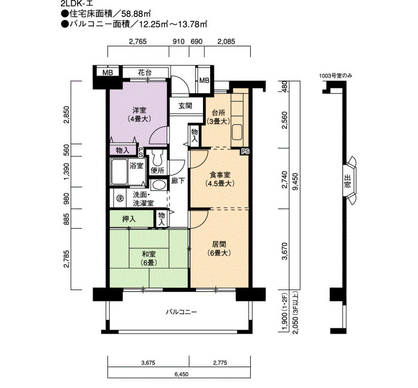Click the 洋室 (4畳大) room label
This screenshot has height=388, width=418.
pyautogui.click(x=139, y=115)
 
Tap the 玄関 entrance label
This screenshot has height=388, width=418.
pyautogui.click(x=185, y=106)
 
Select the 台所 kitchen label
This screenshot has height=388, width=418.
pyautogui.click(x=219, y=117)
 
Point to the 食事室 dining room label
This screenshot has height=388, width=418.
pyautogui.click(x=220, y=179)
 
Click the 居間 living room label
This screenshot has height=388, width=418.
pyautogui.click(x=219, y=249)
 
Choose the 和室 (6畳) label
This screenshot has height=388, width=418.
pyautogui.click(x=149, y=258)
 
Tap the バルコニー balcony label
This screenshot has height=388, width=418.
pyautogui.click(x=182, y=312)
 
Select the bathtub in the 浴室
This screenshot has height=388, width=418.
pyautogui.click(x=119, y=171)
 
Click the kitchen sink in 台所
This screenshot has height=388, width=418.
pyautogui.click(x=237, y=132)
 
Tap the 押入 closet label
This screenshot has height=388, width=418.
pyautogui.click(x=129, y=219)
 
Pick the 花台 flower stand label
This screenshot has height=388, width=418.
pyautogui.click(x=145, y=72)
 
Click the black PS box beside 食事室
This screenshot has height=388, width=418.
pyautogui.click(x=245, y=152)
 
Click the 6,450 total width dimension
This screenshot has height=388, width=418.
pyautogui.click(x=182, y=374)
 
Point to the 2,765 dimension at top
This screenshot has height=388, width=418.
pyautogui.click(x=138, y=42)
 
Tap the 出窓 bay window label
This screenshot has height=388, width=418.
pyautogui.click(x=348, y=181)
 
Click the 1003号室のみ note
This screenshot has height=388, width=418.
pyautogui.click(x=336, y=76)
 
